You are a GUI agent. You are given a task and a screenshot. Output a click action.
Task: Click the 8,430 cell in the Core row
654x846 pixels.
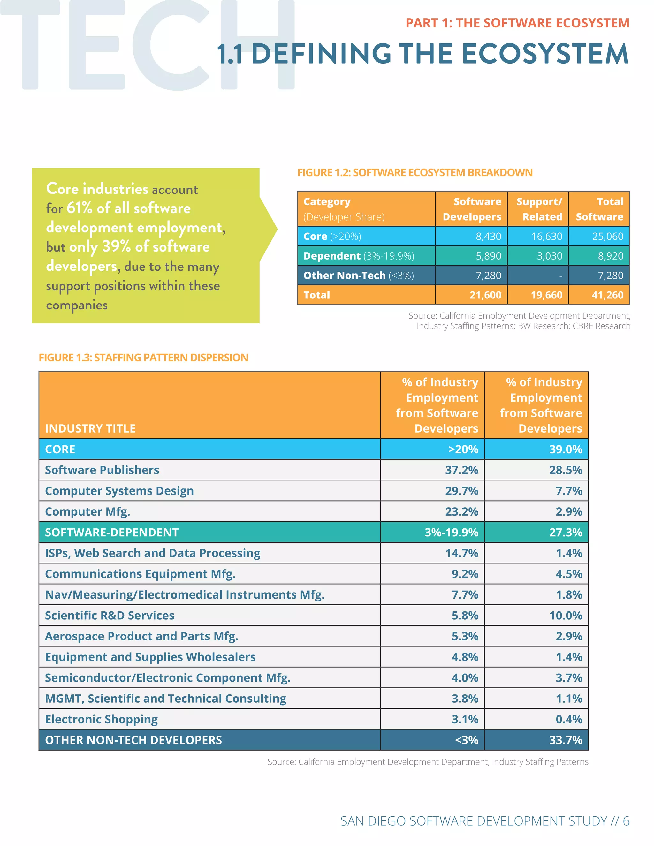(488, 236)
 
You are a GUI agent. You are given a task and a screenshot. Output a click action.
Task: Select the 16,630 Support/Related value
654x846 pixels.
(546, 236)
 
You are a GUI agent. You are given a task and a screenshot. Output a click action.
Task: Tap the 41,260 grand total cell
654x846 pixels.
(607, 295)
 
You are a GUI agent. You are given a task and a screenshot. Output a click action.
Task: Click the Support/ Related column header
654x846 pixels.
(539, 209)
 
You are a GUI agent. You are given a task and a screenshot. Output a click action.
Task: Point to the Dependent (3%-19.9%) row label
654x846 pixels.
(358, 256)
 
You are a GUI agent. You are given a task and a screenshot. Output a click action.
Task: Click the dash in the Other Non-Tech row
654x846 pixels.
(560, 276)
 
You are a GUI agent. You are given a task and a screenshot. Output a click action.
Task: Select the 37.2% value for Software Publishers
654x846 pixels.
(461, 470)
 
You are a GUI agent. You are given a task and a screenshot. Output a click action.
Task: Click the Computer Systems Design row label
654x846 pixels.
(119, 491)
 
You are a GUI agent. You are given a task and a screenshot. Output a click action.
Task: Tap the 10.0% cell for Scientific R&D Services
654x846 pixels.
(565, 616)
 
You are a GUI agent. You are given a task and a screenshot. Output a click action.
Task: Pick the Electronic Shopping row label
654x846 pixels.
(102, 719)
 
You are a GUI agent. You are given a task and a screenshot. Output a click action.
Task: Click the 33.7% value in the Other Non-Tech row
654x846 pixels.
(565, 740)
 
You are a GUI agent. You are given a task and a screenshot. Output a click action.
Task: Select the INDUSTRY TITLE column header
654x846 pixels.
(90, 428)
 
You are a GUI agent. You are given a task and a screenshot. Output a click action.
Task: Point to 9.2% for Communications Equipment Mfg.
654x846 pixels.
(465, 574)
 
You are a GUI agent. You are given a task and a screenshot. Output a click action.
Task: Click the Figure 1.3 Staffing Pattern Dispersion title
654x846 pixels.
(143, 358)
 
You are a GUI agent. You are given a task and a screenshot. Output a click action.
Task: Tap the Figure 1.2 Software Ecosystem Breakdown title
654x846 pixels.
(414, 173)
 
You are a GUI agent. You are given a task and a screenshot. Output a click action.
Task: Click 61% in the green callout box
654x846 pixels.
(80, 208)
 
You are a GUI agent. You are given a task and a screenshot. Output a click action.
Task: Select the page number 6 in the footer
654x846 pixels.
(626, 821)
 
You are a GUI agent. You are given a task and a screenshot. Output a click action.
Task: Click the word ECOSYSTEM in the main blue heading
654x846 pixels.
(545, 54)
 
